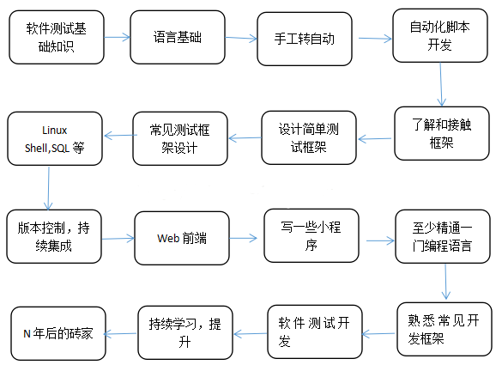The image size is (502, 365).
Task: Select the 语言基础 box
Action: point(178,38)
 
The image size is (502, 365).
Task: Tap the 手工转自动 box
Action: point(305,39)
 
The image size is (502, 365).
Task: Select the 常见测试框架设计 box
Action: point(179,137)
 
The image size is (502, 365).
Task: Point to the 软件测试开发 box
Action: point(314,332)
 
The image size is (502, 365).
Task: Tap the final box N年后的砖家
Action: point(58,331)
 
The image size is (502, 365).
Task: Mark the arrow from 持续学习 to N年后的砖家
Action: point(121,332)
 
